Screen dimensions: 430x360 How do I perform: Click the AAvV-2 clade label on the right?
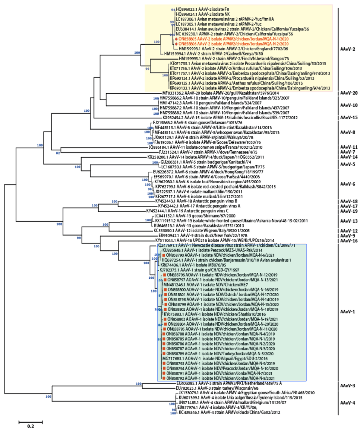(x=348, y=49)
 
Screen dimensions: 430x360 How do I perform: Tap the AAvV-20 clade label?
(x=350, y=93)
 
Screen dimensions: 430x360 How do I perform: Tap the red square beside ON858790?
(x=163, y=255)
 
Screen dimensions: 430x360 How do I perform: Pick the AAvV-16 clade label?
(x=350, y=241)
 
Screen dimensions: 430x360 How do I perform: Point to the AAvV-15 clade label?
(x=350, y=117)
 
